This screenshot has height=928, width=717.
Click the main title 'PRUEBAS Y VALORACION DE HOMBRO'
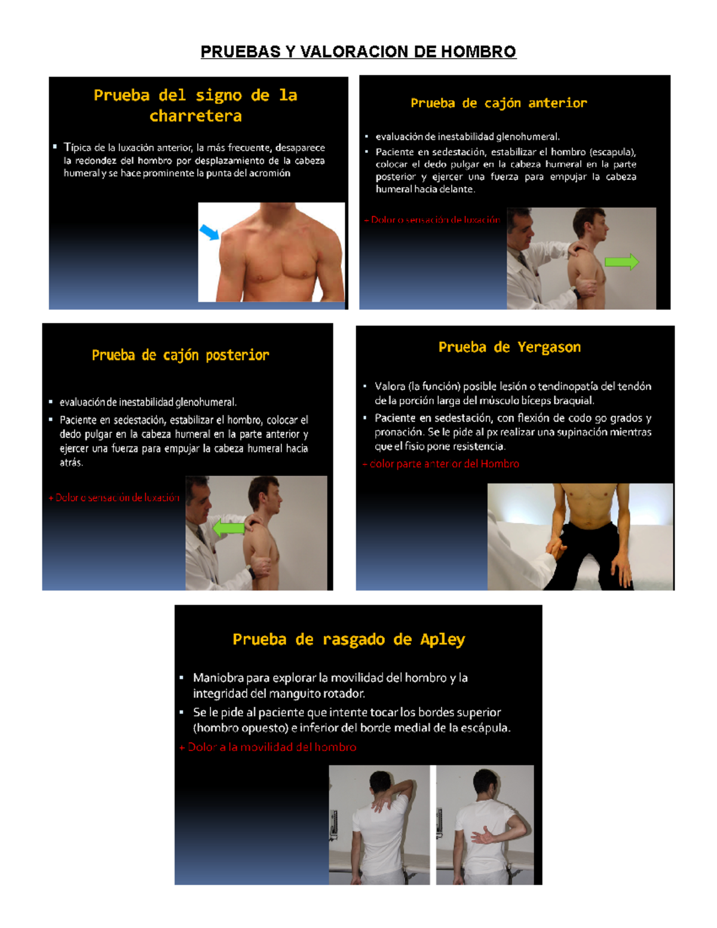[358, 52]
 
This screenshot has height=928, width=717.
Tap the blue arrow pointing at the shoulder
[209, 232]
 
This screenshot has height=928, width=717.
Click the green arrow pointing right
[621, 262]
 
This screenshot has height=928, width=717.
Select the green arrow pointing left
[229, 528]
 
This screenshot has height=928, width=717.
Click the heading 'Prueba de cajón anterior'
[498, 103]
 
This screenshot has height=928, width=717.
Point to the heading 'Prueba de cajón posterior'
[180, 356]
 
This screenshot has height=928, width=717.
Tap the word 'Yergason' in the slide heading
[549, 347]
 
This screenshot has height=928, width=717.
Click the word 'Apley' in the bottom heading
[442, 639]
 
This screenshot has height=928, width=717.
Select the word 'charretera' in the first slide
[195, 116]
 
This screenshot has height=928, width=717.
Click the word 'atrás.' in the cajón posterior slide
[71, 463]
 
